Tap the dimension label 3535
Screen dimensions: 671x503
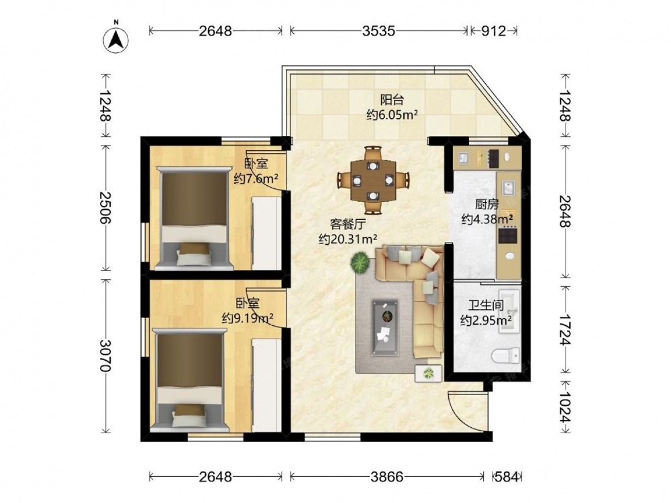(378, 31)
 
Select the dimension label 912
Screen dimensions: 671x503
(493, 31)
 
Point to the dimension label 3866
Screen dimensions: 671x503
(387, 476)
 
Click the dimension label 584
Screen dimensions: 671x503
(506, 476)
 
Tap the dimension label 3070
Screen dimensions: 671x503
(105, 356)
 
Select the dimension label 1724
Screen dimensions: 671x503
(565, 329)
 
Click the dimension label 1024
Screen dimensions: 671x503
(565, 407)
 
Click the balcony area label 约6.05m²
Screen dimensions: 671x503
(392, 115)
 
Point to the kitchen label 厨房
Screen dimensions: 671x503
(487, 205)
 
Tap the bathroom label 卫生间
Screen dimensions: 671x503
(486, 305)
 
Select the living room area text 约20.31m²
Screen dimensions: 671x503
(348, 239)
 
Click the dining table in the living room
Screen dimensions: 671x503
(373, 180)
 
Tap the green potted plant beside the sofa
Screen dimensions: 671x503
(360, 263)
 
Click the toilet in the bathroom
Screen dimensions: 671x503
(506, 356)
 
